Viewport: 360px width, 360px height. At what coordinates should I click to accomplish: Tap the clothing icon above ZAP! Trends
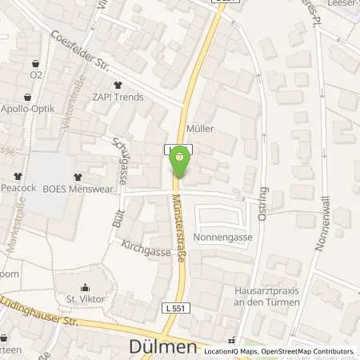[118, 86]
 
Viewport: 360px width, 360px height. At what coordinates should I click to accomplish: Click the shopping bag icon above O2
[35, 62]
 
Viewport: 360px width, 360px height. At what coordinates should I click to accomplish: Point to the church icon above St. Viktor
[86, 288]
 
